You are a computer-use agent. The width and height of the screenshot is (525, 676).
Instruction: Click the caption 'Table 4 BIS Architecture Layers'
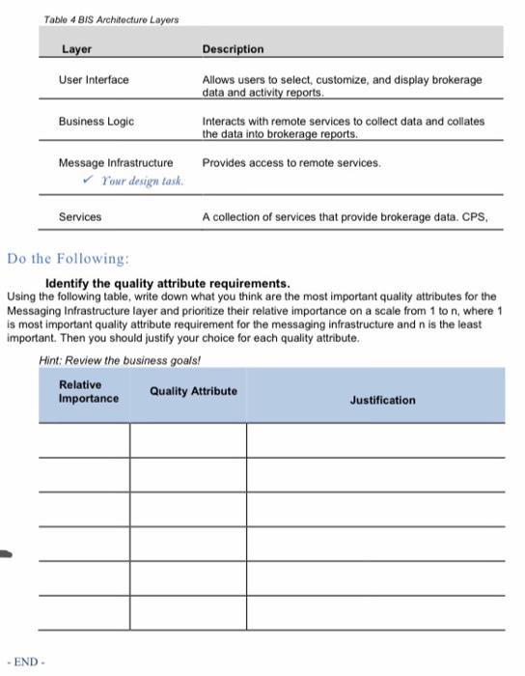coord(111,19)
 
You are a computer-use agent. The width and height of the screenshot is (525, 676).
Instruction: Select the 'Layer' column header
coord(76,49)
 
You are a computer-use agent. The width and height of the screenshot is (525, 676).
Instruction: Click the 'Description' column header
coord(233,49)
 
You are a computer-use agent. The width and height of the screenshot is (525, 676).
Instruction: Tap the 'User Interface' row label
coord(94,80)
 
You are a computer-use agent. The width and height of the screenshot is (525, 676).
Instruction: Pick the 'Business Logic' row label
coord(97,122)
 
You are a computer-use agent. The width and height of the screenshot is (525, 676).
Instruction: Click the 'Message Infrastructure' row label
coord(116,163)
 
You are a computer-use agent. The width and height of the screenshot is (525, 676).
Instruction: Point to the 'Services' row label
coord(80,218)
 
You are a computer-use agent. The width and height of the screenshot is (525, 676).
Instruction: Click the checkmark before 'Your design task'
coord(89,181)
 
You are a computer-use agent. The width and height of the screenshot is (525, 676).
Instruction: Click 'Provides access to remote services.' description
coord(291,163)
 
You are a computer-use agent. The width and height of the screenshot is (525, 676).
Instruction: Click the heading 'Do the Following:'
coord(68,259)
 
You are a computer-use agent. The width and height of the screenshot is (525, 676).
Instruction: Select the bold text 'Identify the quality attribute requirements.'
coord(168,284)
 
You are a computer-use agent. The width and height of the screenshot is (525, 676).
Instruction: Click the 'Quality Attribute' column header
coord(193,391)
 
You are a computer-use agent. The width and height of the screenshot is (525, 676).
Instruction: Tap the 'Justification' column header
coord(382,400)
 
